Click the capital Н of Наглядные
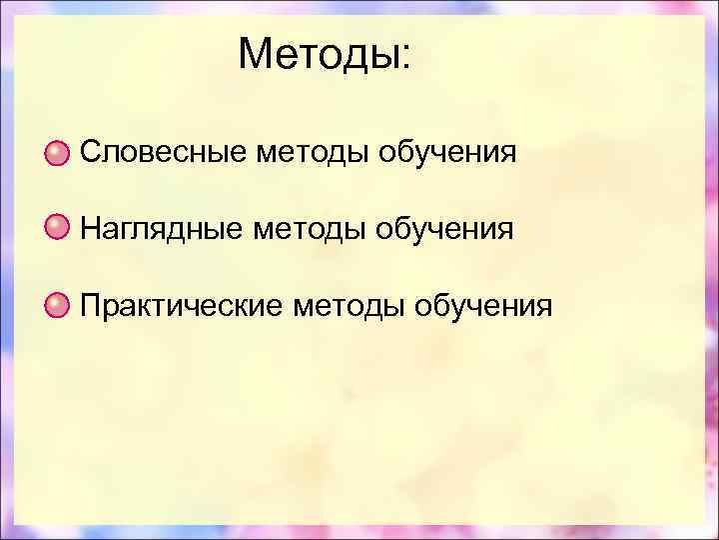pyautogui.click(x=90, y=229)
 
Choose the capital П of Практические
pyautogui.click(x=90, y=304)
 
